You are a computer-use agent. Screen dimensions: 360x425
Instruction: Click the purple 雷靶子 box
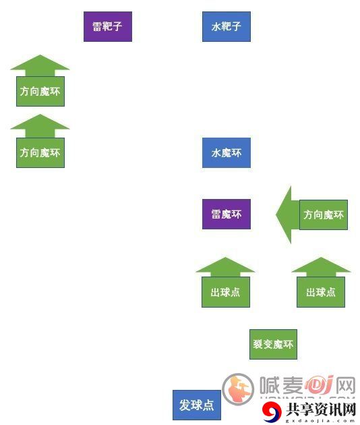point(108,26)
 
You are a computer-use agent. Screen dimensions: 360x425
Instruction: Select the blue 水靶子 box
point(227,26)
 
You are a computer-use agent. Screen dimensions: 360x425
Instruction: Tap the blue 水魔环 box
point(227,153)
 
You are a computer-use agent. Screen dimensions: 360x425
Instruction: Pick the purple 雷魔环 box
point(227,214)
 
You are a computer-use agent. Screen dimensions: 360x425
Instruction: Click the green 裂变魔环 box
point(273,344)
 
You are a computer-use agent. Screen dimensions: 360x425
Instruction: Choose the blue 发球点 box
point(197,405)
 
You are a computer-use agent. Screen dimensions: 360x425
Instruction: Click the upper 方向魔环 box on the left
point(40,91)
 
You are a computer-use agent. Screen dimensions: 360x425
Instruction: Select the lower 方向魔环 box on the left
point(40,152)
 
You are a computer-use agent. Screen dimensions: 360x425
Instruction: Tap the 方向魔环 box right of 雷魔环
point(324,215)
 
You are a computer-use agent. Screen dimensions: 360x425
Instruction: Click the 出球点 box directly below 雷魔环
point(226,292)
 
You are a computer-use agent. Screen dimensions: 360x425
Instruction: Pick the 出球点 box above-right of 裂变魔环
point(321,292)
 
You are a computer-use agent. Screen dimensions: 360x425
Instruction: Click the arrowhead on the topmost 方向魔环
point(40,65)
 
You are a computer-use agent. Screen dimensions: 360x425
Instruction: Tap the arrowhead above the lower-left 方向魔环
point(40,125)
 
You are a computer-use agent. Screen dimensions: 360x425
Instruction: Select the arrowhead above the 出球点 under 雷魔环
point(225,266)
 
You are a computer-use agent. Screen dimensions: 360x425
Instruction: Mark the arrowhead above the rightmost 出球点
point(322,266)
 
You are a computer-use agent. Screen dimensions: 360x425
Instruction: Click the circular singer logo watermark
point(238,389)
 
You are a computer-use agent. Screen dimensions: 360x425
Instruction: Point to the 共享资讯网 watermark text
point(321,409)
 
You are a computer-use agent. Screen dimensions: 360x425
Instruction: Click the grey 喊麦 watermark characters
point(281,385)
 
